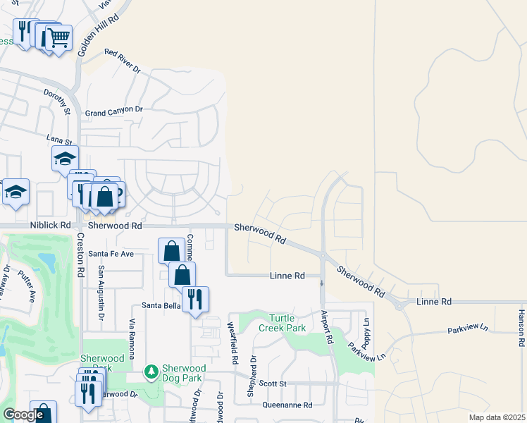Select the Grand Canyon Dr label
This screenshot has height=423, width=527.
(x=113, y=111)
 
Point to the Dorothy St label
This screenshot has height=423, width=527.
(x=57, y=102)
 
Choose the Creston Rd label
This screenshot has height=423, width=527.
(x=80, y=254)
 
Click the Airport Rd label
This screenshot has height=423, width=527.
(x=325, y=327)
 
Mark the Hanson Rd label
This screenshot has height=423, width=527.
(x=521, y=329)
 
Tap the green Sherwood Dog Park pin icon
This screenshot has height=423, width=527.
(x=149, y=372)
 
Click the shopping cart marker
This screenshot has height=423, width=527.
(x=59, y=37)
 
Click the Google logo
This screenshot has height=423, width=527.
(x=23, y=415)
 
